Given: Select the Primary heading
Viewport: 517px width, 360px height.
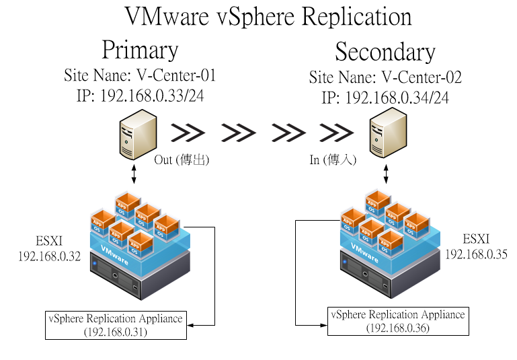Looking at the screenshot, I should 140,50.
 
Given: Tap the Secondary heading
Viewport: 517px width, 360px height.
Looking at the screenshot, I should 385,52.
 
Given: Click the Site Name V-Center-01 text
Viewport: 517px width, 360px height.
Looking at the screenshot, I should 140,75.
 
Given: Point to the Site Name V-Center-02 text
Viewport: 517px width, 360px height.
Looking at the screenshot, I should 385,77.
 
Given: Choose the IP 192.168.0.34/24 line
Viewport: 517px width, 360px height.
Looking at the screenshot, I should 385,98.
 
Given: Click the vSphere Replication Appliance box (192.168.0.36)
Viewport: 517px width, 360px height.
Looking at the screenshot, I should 398,321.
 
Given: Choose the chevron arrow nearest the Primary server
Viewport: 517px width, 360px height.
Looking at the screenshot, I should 188,133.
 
